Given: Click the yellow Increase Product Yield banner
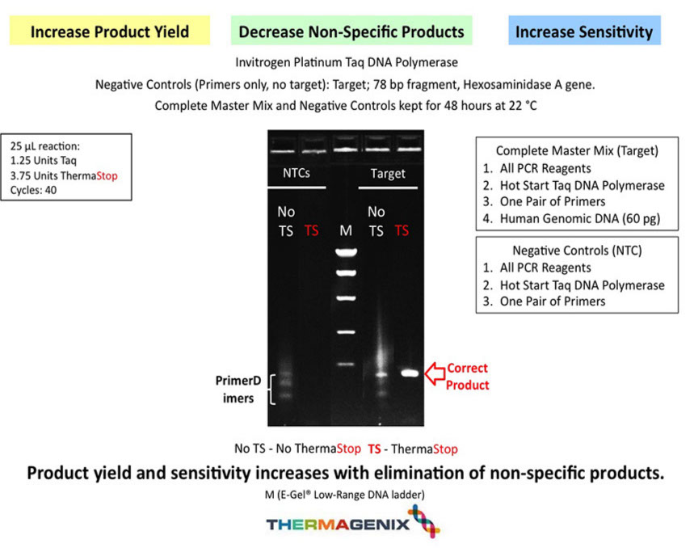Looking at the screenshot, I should (109, 32).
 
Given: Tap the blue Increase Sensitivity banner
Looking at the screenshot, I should (584, 32).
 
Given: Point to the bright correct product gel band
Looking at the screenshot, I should (411, 373).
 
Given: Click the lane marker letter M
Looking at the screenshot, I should (346, 231).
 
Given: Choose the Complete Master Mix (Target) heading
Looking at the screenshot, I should (577, 150).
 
